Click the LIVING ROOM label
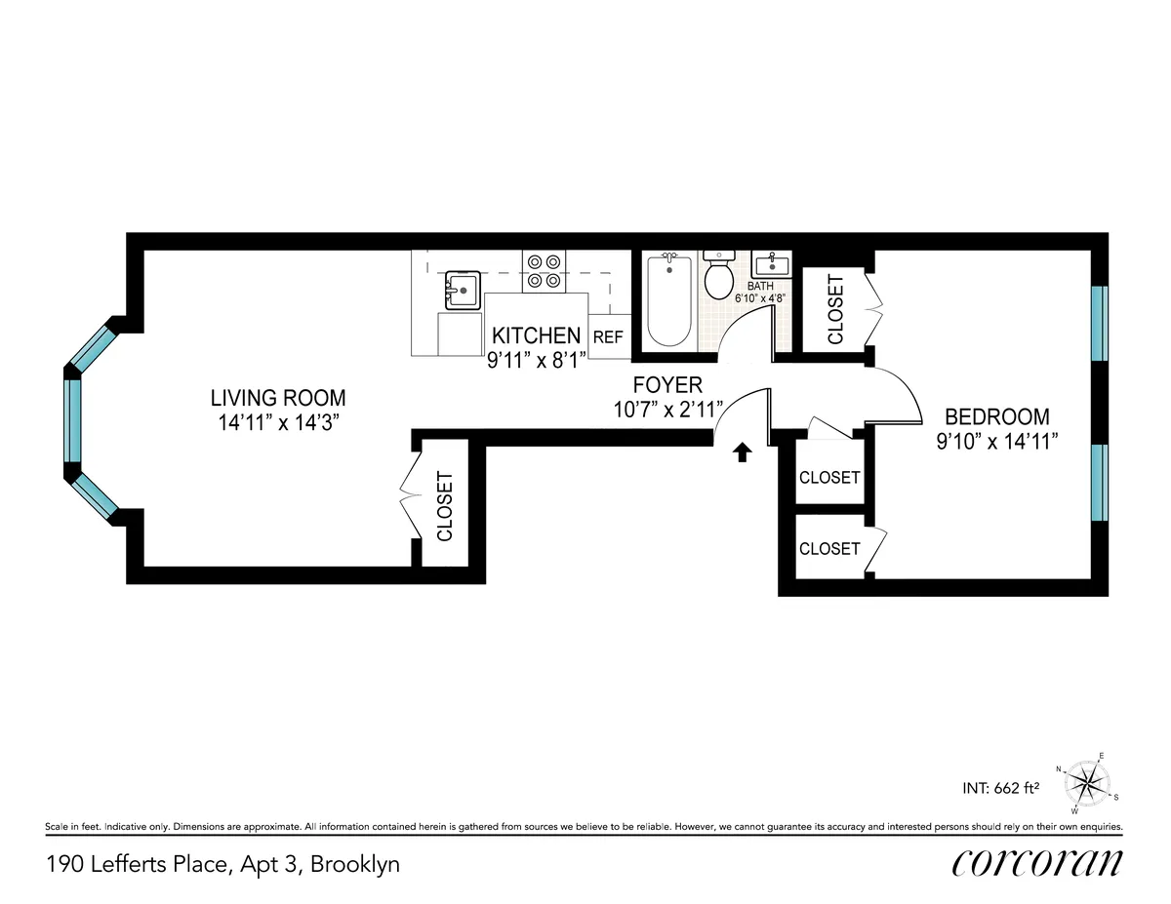(x=278, y=398)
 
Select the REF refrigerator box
(x=608, y=336)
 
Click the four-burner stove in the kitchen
(x=545, y=271)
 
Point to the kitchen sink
(x=462, y=291)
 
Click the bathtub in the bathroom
(x=668, y=299)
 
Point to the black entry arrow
(x=743, y=452)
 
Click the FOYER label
(x=666, y=385)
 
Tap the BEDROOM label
(x=996, y=416)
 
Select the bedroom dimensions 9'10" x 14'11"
(x=996, y=441)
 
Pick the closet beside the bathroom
(x=835, y=309)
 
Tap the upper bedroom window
(x=1100, y=323)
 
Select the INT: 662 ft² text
(x=1000, y=788)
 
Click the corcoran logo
(x=1036, y=863)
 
